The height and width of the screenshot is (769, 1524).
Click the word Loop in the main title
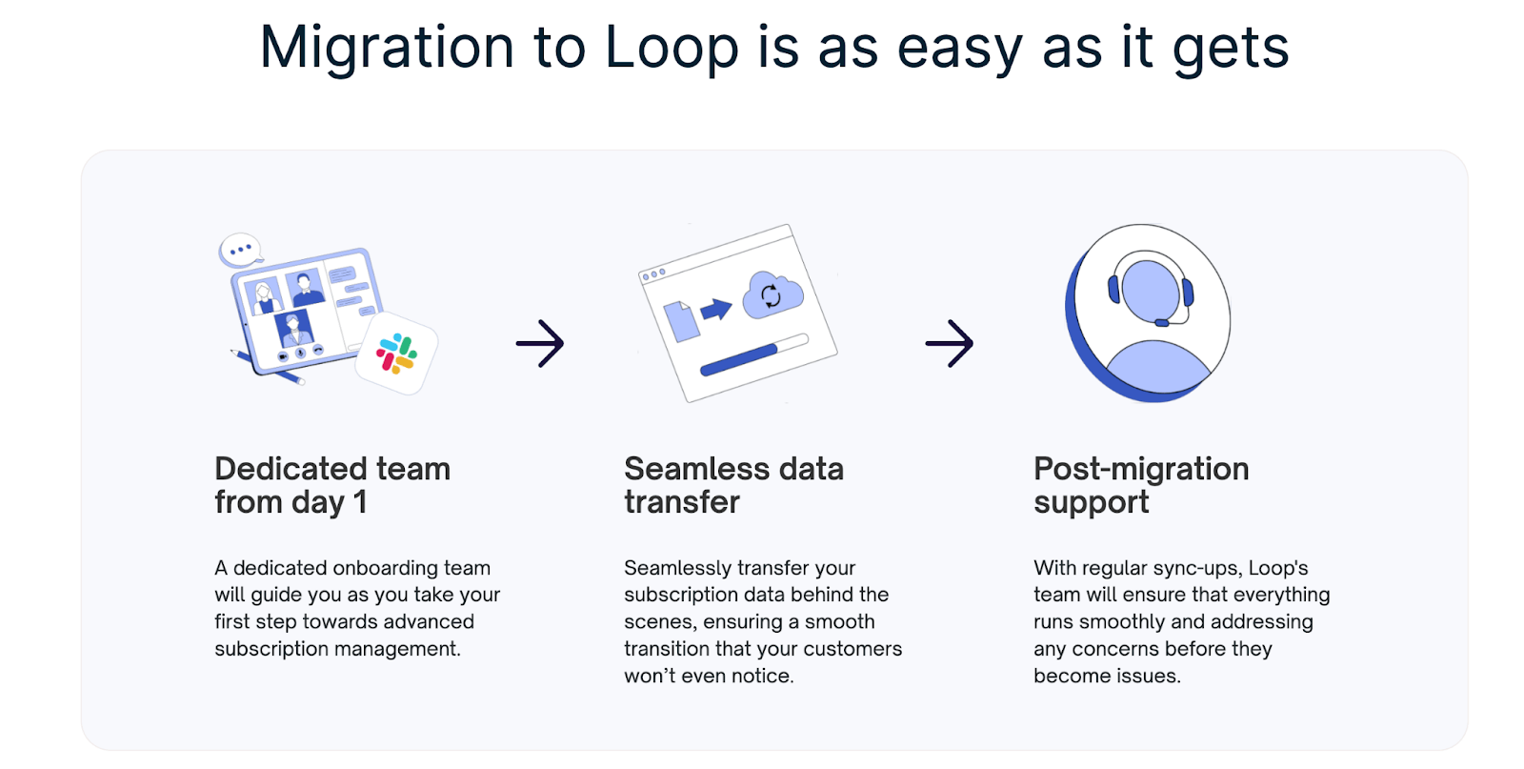coord(671,48)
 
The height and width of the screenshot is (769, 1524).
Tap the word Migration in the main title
coord(387,48)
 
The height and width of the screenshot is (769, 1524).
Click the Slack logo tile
coord(396,354)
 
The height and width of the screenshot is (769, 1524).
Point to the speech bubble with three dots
coord(240,250)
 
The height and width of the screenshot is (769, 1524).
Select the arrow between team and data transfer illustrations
coord(540,343)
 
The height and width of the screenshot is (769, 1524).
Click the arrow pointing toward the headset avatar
coord(950,343)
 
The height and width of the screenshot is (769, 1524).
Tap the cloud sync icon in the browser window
coord(772,295)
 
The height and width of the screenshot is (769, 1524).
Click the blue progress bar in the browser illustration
coord(739,360)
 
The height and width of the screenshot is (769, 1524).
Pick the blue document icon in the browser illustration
coord(681,321)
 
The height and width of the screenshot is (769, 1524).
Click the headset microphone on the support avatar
coord(1162,323)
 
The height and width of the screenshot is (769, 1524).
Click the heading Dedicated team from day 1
coord(331,485)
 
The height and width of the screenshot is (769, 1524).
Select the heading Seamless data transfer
coord(733,485)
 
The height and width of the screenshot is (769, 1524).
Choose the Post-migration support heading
coord(1141,485)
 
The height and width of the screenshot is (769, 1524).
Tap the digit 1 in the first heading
coord(360,502)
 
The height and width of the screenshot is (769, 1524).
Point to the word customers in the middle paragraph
coord(855,649)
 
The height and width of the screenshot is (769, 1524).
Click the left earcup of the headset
coord(1113,287)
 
